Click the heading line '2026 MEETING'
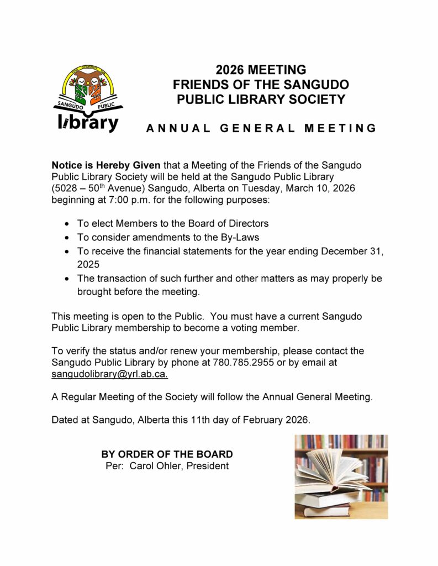point(261,70)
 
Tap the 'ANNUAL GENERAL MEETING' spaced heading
point(261,129)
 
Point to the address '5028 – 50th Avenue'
point(97,188)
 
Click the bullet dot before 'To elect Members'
point(67,224)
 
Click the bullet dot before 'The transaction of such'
point(67,279)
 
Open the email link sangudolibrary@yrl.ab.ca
point(110,374)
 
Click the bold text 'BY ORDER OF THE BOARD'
point(167,454)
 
